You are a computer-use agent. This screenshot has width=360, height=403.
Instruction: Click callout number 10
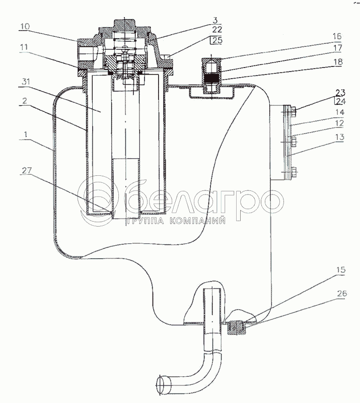25,27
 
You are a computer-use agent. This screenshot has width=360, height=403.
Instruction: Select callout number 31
26,82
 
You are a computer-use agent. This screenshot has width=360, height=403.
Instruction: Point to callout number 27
27,170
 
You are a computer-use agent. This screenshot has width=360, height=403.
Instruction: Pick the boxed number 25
217,40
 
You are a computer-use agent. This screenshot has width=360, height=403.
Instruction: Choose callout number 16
337,36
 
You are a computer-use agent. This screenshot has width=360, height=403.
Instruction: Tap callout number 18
337,61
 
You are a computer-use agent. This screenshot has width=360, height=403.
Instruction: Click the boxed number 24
340,102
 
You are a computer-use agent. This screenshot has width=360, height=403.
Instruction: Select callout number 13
339,137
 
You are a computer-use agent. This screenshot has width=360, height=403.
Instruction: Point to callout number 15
340,270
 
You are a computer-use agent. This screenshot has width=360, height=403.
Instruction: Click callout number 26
341,293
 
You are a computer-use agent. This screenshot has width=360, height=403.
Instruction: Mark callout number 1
26,135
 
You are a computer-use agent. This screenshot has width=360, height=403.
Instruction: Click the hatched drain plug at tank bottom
237,328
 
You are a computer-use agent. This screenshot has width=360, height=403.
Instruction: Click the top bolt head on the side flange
294,111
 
